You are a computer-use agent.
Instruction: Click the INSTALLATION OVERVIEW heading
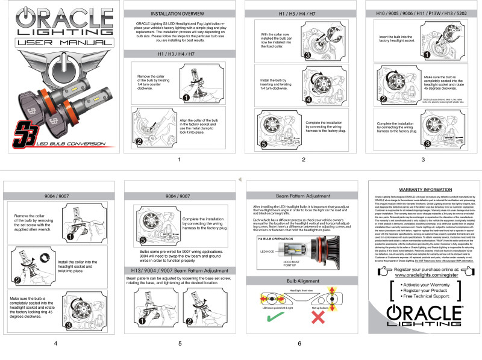tap(179, 13)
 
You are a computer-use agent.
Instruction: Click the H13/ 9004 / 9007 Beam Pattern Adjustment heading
tap(179, 270)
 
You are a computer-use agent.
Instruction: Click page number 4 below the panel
tap(55, 343)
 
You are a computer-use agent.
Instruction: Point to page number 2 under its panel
tap(303, 160)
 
